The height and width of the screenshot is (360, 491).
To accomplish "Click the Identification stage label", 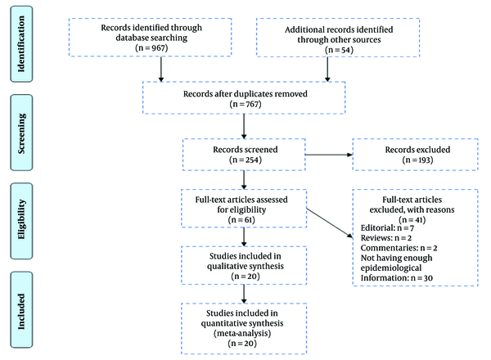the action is click(x=21, y=44).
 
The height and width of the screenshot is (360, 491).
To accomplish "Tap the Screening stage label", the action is click(x=21, y=133).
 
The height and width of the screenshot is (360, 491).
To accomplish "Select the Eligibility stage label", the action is click(x=21, y=219).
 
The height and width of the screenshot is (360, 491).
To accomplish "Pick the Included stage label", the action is click(x=21, y=311).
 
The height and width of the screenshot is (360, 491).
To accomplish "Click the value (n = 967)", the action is click(x=151, y=48).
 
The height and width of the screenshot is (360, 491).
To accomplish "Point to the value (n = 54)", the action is click(x=339, y=50).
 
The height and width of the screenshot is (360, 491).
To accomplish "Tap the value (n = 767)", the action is click(x=245, y=104).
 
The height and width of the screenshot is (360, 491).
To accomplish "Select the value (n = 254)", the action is click(x=245, y=160).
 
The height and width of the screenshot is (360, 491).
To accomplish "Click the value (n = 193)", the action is click(x=417, y=160).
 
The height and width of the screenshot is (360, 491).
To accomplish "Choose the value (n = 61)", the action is click(x=241, y=220).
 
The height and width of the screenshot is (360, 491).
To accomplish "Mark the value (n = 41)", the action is click(x=412, y=220).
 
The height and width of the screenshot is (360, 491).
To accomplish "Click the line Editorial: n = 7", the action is click(x=387, y=228).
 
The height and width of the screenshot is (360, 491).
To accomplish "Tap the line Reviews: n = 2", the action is click(x=386, y=238).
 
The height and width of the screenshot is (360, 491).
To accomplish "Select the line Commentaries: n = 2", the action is click(x=399, y=248).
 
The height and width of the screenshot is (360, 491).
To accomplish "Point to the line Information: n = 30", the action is click(x=397, y=278).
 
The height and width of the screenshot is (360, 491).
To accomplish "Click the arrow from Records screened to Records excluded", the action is click(x=329, y=155).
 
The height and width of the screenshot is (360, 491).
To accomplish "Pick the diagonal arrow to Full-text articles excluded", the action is click(x=330, y=223).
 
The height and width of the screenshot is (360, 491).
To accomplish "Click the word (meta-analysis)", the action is click(x=242, y=333).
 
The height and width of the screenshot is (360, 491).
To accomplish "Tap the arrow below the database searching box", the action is click(x=161, y=70).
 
